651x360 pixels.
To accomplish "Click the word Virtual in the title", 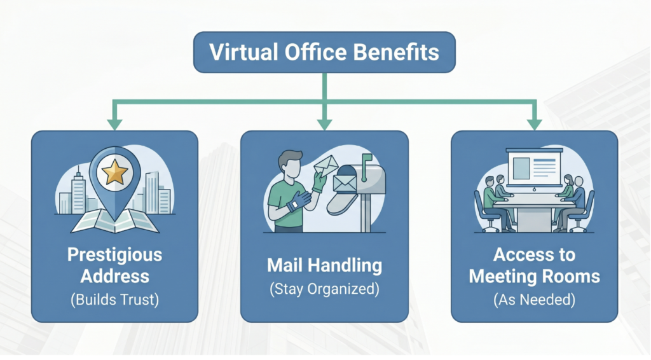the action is tap(243, 52).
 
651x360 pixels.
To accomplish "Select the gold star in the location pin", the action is tap(114, 172).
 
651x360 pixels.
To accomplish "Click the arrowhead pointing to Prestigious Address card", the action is tap(114, 125).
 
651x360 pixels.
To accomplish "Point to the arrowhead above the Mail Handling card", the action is tap(324, 125).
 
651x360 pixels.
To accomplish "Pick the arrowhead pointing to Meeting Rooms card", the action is tap(534, 125).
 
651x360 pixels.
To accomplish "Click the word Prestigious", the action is tap(114, 255).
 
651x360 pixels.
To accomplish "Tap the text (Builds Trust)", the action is tap(114, 300).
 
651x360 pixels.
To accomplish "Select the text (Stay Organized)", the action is tap(324, 289).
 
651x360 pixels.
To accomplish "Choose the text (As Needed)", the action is tap(534, 300).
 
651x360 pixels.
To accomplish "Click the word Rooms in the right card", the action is tap(576, 276).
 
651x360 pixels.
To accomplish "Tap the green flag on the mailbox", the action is tap(366, 158).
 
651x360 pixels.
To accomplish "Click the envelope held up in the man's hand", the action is tap(326, 165).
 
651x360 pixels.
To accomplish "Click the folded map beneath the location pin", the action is tap(114, 221).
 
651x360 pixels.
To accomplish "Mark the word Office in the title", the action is tap(315, 52).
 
